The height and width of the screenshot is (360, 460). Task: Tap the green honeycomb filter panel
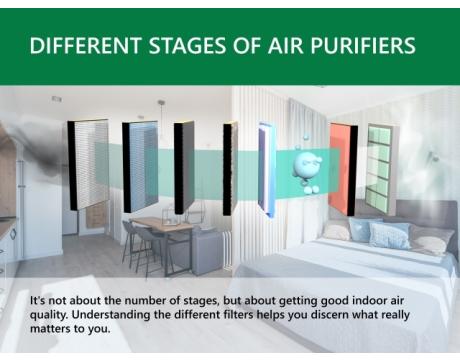click(378, 167)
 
